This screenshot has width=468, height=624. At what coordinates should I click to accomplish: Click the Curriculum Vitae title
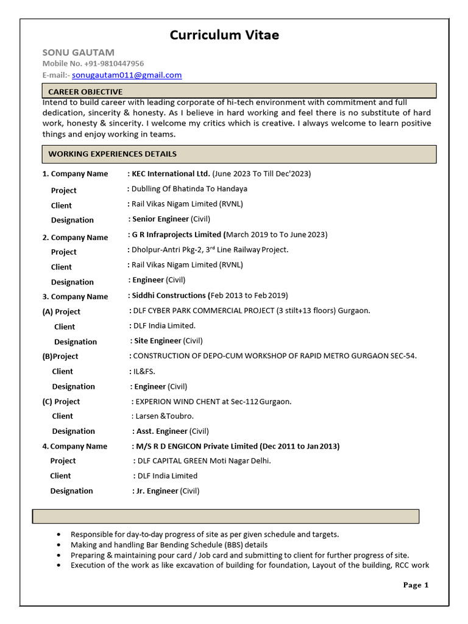pyautogui.click(x=224, y=35)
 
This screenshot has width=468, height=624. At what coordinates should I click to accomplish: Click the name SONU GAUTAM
pyautogui.click(x=78, y=52)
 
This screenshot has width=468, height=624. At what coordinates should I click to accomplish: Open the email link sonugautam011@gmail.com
pyautogui.click(x=131, y=75)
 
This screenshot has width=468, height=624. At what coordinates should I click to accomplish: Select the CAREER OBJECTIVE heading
pyautogui.click(x=85, y=91)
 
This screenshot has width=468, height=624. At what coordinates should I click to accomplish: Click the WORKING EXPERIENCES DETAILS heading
pyautogui.click(x=112, y=154)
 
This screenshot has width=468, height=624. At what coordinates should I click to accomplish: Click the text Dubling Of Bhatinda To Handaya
pyautogui.click(x=190, y=189)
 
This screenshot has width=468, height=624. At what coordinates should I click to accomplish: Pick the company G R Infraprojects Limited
pyautogui.click(x=177, y=234)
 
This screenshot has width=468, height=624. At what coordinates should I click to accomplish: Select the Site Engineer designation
pyautogui.click(x=158, y=341)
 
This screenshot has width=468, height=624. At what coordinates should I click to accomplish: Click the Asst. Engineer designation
pyautogui.click(x=161, y=431)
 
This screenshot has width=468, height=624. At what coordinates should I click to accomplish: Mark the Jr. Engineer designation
pyautogui.click(x=156, y=491)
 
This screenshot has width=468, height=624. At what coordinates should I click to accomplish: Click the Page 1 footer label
pyautogui.click(x=416, y=585)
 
